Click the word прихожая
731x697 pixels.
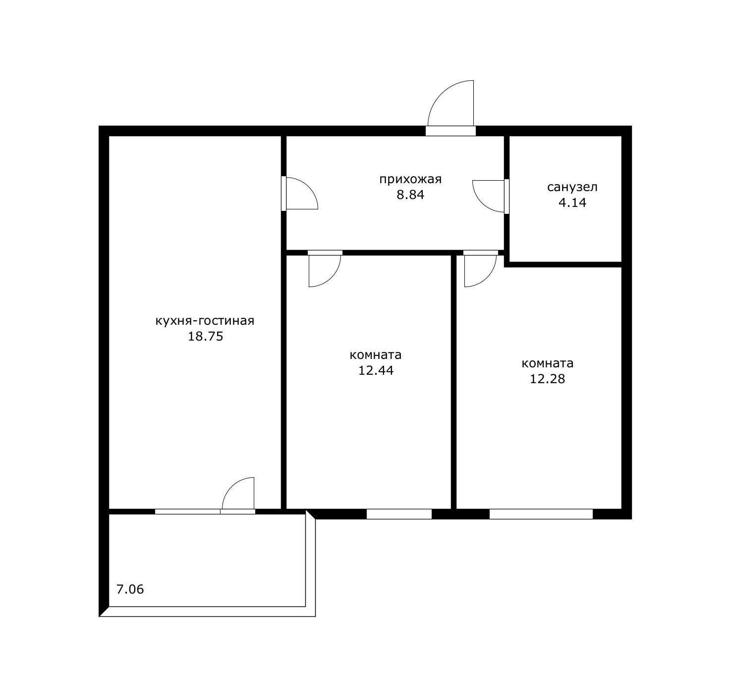(x=410, y=180)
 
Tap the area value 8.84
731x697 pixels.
(x=410, y=195)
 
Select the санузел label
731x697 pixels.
(x=572, y=187)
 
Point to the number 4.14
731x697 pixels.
(x=572, y=202)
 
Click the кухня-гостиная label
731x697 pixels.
(x=205, y=321)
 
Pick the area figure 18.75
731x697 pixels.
(x=205, y=336)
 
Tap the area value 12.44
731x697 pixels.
(x=376, y=370)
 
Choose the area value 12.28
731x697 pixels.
(x=547, y=379)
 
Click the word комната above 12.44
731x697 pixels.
(x=376, y=355)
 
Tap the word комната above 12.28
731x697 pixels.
(x=547, y=363)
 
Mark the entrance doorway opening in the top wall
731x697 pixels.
(x=450, y=131)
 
